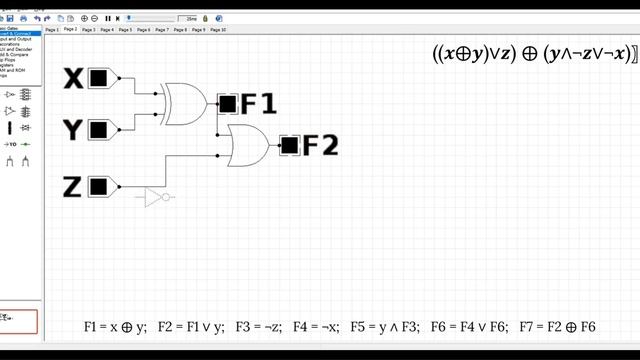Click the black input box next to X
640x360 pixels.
tap(98, 78)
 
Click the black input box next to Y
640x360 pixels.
tap(98, 129)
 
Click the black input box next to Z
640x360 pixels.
tap(98, 186)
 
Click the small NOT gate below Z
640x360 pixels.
tap(155, 197)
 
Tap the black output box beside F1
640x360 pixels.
tap(228, 103)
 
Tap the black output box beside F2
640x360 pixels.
tap(289, 146)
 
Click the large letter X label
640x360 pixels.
tap(73, 78)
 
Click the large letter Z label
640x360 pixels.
tap(72, 186)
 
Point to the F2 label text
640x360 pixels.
tap(321, 146)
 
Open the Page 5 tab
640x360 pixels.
tap(125, 30)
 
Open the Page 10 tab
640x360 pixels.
tap(217, 30)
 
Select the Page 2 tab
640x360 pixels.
tap(70, 30)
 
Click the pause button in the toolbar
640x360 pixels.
tap(108, 18)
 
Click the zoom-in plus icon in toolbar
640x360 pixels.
tap(83, 18)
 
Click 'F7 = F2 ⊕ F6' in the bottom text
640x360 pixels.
tap(557, 327)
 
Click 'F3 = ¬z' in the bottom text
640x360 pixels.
tap(258, 327)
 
